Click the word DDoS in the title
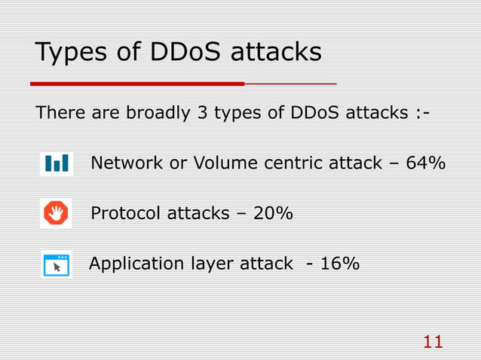coord(186,53)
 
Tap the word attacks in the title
coord(275,53)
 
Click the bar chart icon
coord(57,163)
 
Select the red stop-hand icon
coord(56,214)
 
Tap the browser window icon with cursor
coord(57,264)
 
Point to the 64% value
coord(425,163)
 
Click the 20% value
coord(273,214)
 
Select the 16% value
coord(339,264)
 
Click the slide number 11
coord(433,343)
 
